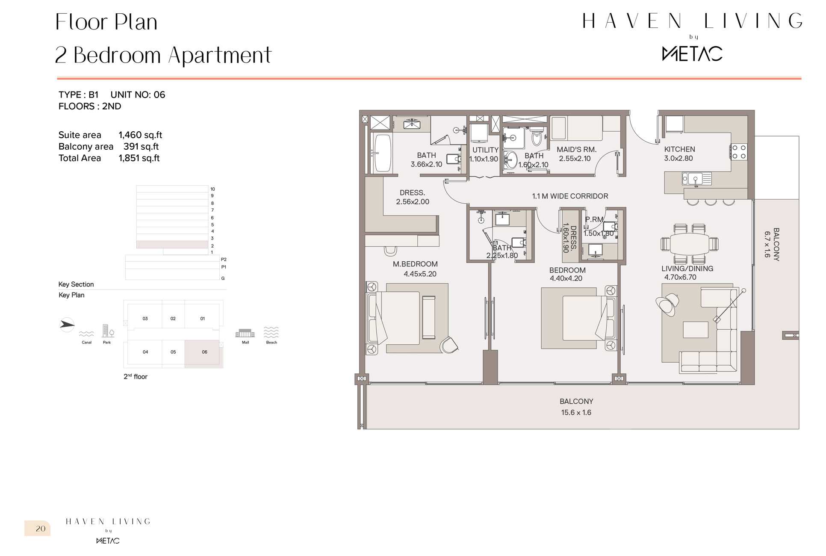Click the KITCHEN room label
[679, 149]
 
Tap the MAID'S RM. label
[576, 150]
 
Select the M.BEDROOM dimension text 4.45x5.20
[420, 274]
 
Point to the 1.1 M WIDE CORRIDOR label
[570, 196]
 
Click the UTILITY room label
[485, 150]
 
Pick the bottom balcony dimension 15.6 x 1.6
[576, 413]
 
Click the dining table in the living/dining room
[689, 244]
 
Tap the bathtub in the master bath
[382, 153]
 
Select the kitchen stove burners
[738, 152]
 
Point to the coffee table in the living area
[696, 330]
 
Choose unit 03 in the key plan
[145, 319]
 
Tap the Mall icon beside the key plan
[245, 333]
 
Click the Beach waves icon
[271, 332]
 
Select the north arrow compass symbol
[67, 325]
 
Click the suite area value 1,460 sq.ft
[140, 135]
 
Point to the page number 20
[41, 529]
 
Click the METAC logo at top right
[692, 54]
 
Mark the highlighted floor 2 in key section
[172, 245]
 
